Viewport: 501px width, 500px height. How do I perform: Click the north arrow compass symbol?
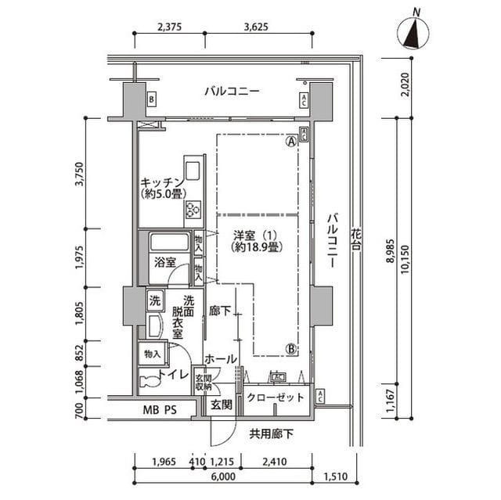(415, 33)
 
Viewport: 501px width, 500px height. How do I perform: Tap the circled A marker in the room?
(290, 142)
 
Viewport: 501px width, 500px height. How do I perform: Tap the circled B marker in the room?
(290, 349)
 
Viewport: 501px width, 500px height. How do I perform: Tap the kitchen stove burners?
(192, 210)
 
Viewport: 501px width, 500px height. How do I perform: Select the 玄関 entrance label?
(221, 405)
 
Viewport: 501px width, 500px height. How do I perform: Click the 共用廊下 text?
(272, 433)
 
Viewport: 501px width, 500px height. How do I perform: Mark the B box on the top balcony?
(151, 99)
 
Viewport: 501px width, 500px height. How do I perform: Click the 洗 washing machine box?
(154, 300)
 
